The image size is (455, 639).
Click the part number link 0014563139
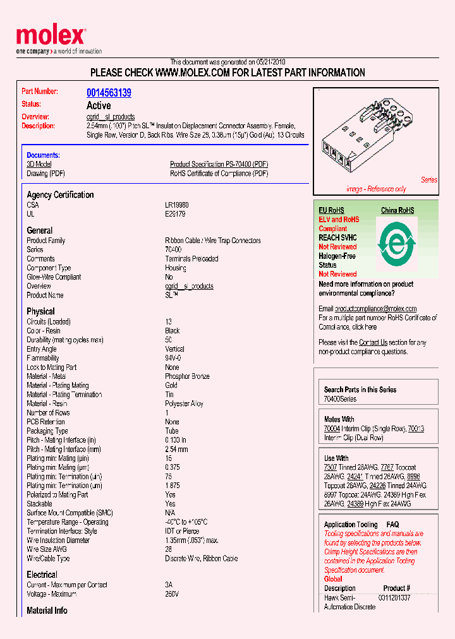109,93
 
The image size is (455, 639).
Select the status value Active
99,105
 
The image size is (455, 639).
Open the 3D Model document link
39,164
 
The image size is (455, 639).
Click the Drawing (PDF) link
45,174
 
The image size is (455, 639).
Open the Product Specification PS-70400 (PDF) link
219,164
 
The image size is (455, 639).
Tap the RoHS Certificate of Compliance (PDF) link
219,174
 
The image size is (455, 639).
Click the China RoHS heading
397,210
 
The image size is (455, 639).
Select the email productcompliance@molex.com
375,309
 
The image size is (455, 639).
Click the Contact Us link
373,342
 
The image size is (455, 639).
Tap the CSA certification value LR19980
177,205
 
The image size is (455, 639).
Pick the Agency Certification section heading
60,195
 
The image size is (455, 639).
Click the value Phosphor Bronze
187,376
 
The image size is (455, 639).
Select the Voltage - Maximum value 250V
172,594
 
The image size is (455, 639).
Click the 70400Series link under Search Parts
340,399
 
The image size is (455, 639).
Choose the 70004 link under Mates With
332,429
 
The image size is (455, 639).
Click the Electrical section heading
42,575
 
